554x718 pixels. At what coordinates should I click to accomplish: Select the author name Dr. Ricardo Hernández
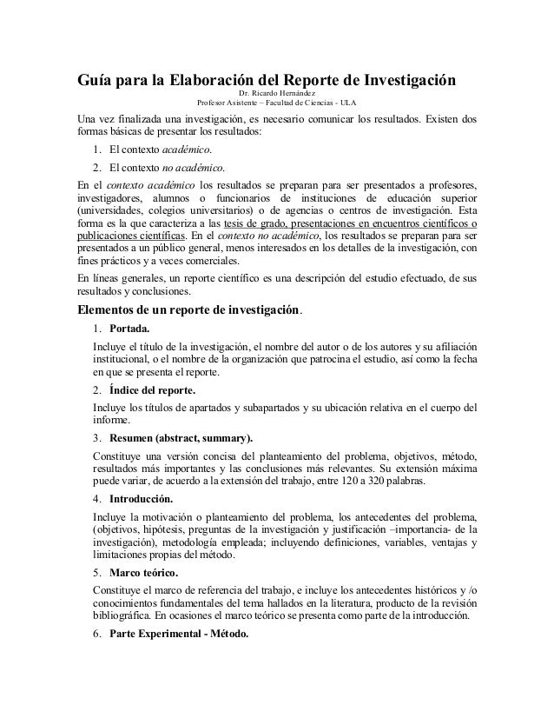pyautogui.click(x=277, y=94)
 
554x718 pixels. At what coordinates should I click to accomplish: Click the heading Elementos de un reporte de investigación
pyautogui.click(x=188, y=309)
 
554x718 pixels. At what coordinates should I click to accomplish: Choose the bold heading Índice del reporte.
pyautogui.click(x=152, y=389)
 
